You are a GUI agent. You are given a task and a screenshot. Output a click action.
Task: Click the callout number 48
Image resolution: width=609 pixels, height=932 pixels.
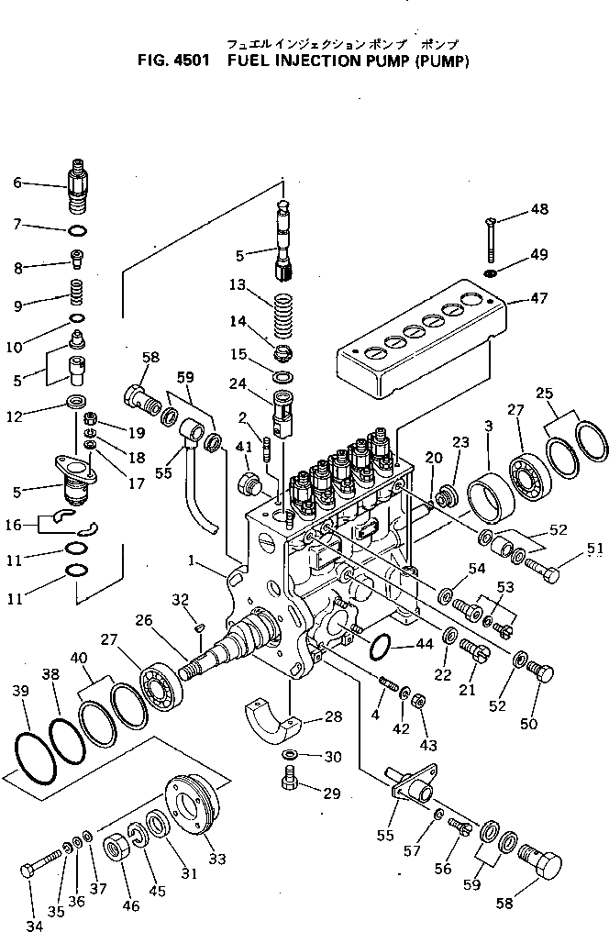[x=540, y=208]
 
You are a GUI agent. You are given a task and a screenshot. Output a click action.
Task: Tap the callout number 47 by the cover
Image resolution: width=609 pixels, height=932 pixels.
[x=538, y=298]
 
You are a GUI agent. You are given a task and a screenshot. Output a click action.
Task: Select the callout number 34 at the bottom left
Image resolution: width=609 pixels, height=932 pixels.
[x=34, y=924]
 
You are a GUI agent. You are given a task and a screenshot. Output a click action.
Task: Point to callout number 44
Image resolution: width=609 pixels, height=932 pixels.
[x=424, y=643]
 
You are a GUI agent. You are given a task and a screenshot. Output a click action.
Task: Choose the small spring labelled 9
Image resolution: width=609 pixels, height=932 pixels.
[x=78, y=294]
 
